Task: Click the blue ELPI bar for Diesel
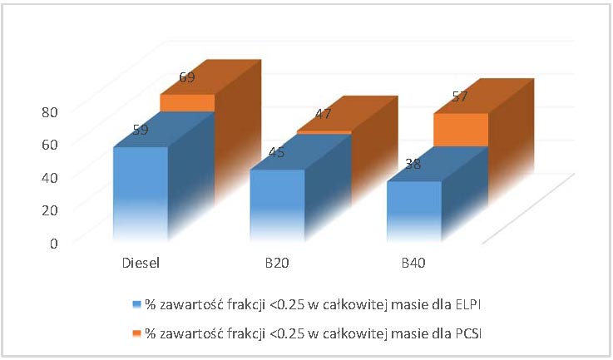pyautogui.click(x=140, y=195)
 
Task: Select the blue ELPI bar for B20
pyautogui.click(x=277, y=206)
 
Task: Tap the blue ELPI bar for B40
pyautogui.click(x=413, y=212)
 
